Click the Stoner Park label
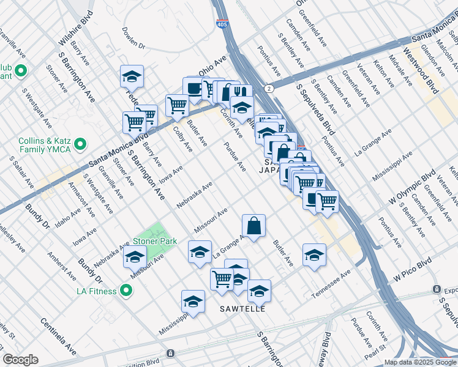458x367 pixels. (x=156, y=241)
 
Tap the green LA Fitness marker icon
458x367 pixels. (x=126, y=291)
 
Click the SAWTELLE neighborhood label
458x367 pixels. (x=242, y=309)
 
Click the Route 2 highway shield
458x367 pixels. (x=269, y=89)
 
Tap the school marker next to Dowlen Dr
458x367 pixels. (x=132, y=76)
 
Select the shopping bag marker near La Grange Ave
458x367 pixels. (x=253, y=226)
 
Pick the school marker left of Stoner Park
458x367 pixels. (x=135, y=258)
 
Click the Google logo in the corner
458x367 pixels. (x=21, y=360)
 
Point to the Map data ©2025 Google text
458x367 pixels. (x=420, y=362)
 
